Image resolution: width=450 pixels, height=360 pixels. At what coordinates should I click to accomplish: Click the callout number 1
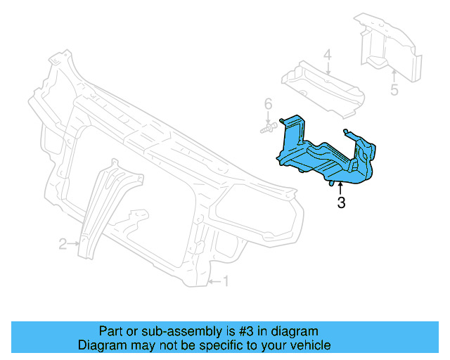coord(226,282)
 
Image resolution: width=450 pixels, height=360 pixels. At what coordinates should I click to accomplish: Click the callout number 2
coord(63,244)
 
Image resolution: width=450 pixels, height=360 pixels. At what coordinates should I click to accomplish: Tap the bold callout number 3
coord(341,204)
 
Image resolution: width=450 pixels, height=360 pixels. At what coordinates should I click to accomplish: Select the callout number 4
coord(327,55)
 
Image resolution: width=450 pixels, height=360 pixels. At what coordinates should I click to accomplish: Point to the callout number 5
coord(394,89)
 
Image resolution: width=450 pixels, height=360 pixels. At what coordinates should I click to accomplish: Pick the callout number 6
coord(268,105)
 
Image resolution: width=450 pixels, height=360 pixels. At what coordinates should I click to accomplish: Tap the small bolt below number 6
coord(266,129)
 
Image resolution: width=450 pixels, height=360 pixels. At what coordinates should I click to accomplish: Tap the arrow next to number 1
coord(214,283)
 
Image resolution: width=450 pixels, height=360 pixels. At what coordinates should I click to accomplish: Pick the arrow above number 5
coord(394,75)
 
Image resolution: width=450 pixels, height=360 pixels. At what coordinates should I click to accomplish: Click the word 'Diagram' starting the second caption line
coord(101,345)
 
